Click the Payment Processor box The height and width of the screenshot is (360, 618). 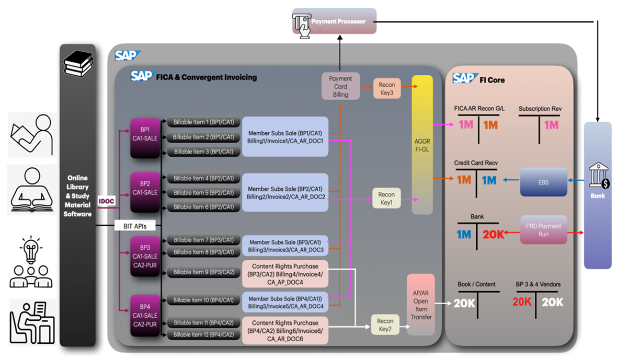click(x=335, y=21)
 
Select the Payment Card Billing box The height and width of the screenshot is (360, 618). click(x=340, y=86)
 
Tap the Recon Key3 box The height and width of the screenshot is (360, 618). click(x=387, y=88)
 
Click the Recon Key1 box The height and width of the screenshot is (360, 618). click(x=387, y=199)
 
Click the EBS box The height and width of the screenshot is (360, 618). click(x=544, y=181)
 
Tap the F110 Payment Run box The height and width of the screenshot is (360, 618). click(x=543, y=230)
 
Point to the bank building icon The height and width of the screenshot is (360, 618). click(x=598, y=179)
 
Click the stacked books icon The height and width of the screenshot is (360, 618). click(x=78, y=65)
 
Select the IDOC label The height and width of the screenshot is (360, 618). click(x=106, y=201)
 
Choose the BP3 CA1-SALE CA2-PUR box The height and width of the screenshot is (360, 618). click(x=145, y=256)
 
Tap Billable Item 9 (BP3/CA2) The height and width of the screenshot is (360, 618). click(x=203, y=272)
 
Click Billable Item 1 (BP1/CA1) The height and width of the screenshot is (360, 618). click(x=203, y=122)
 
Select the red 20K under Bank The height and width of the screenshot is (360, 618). click(x=494, y=235)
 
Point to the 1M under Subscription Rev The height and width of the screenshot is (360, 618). click(x=551, y=125)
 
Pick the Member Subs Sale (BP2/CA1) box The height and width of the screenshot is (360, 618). click(x=285, y=193)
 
